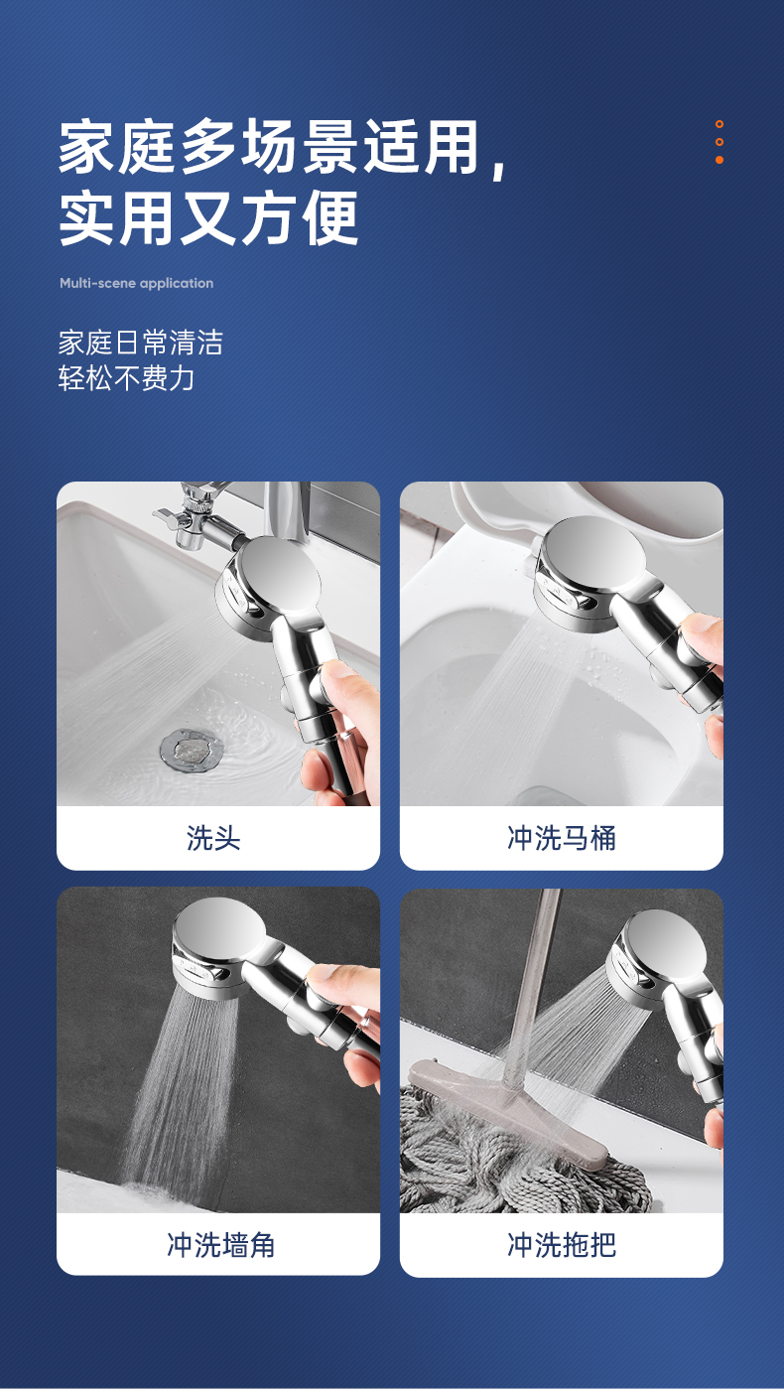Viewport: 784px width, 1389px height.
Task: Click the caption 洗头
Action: pos(213,838)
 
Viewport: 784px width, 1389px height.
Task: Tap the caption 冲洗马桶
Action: pos(562,838)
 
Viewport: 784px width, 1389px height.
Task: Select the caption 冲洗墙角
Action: pos(220,1244)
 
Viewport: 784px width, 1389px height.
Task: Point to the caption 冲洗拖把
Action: pos(562,1244)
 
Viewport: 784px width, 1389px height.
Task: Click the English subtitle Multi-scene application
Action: pos(136,283)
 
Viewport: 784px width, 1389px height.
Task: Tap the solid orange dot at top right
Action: pos(719,160)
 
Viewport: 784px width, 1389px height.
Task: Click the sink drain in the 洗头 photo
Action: pos(192,750)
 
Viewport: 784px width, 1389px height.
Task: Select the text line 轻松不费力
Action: pos(126,377)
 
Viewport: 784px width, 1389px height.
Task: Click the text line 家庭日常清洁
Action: pos(141,343)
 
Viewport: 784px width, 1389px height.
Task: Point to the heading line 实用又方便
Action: pos(208,218)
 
